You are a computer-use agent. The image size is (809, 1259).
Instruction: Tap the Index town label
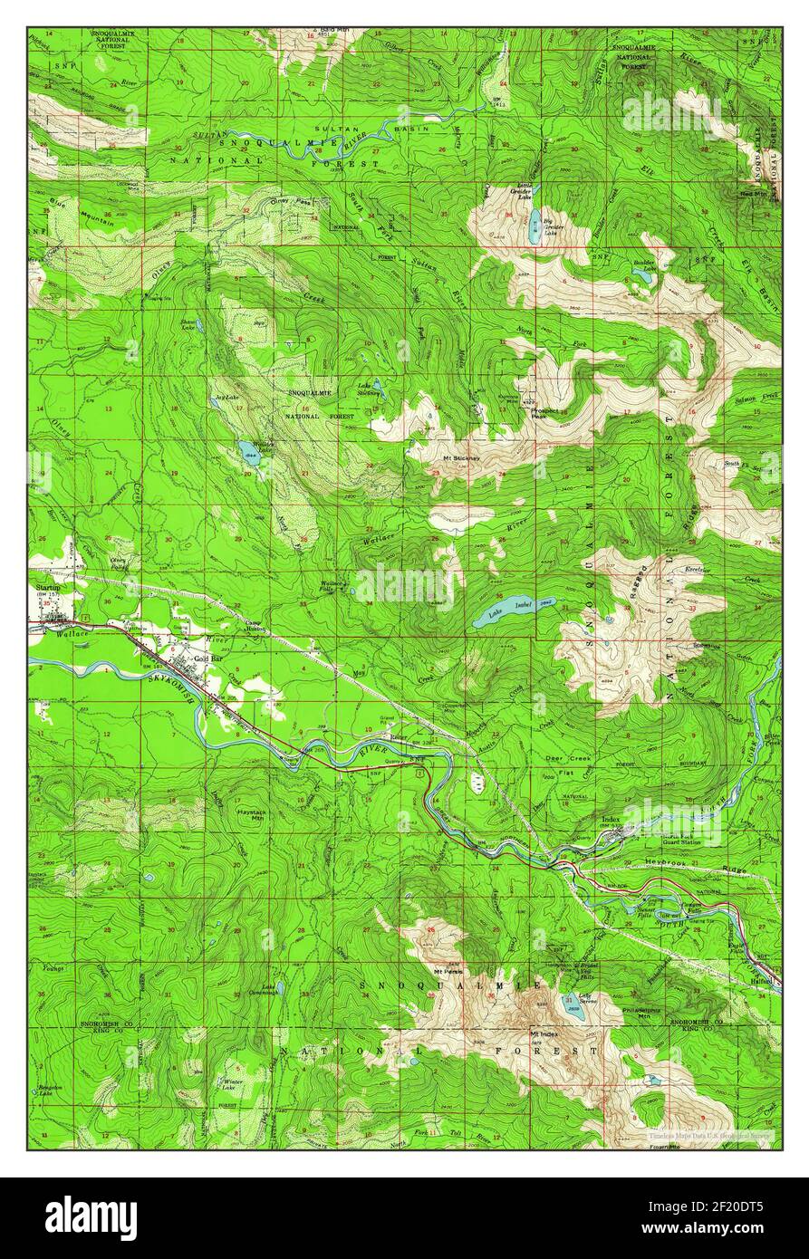click(610, 821)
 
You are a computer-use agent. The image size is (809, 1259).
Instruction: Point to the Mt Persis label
click(448, 972)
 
